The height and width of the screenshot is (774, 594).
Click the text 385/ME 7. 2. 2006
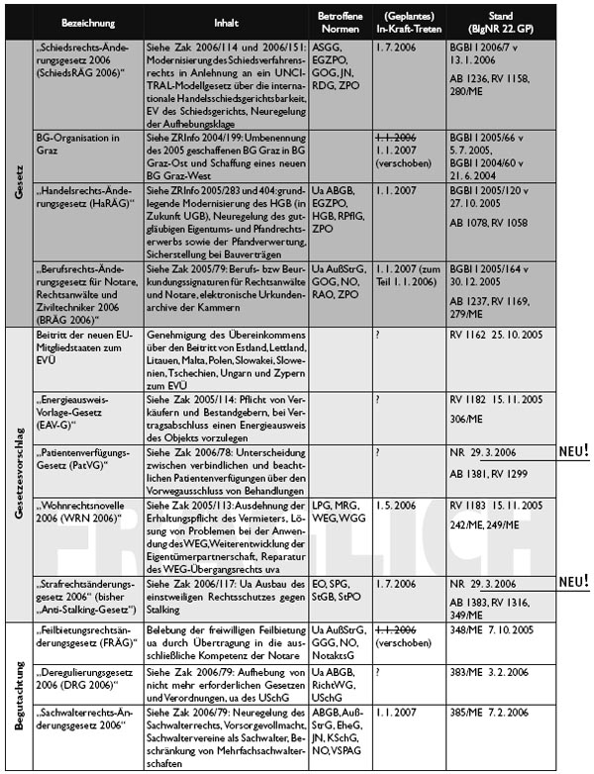[x=495, y=714]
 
